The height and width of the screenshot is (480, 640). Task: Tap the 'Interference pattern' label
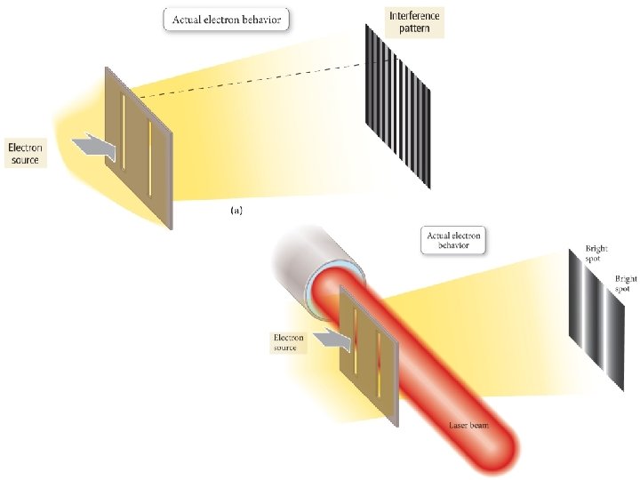[x=414, y=21]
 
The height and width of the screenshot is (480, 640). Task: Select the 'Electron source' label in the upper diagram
[x=24, y=152]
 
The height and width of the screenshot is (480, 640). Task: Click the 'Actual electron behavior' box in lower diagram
[x=453, y=240]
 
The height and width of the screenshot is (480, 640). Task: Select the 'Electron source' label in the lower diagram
[x=288, y=342]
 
